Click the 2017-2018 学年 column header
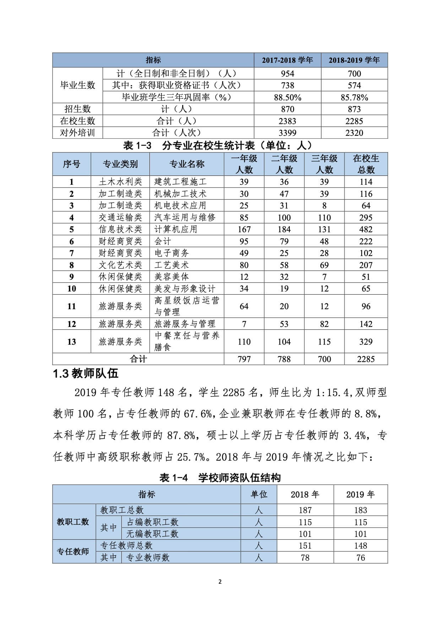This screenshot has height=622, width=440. coord(287,60)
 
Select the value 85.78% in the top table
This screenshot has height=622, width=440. coord(354,97)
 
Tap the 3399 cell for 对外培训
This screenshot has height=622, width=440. coord(287,133)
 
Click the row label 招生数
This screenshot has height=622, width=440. coord(77,109)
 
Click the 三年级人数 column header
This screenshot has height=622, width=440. coord(324,164)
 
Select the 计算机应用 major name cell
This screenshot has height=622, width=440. coord(176,229)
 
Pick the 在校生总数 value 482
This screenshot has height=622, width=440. coord(366,229)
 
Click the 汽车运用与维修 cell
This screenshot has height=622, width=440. coord(185,217)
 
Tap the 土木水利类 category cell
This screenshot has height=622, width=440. coord(120,182)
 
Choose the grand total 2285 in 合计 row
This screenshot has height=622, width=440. coord(366,359)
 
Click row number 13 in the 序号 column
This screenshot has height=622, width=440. coord(71,341)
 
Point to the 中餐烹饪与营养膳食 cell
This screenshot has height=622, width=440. coord(187,341)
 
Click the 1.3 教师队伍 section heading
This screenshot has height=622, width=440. coord(86,374)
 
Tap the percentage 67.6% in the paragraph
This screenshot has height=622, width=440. coord(198,413)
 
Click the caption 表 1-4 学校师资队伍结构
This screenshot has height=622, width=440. coord(220,478)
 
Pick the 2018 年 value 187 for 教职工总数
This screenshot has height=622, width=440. coord(305,510)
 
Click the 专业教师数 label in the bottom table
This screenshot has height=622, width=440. coord(148,557)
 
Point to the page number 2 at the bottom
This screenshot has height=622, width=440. coord(220,582)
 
